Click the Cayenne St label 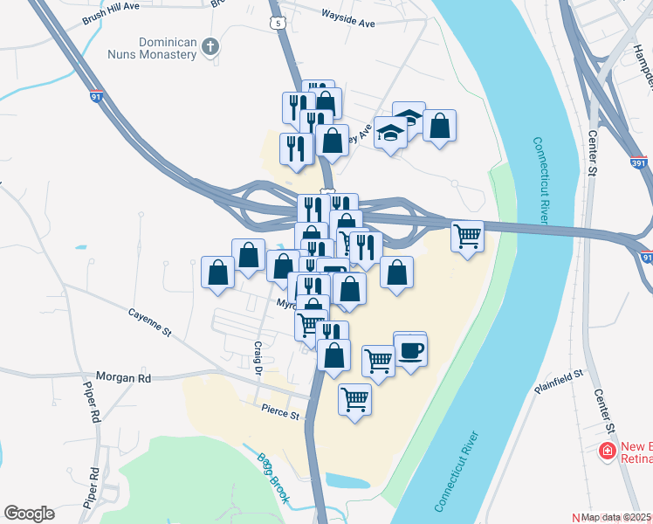click(x=150, y=322)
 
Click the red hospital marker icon click(x=604, y=452)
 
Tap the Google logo click(x=29, y=514)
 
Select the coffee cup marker click(x=410, y=351)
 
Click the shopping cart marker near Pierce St click(x=354, y=400)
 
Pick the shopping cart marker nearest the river click(x=468, y=235)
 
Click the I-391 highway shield click(x=639, y=162)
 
